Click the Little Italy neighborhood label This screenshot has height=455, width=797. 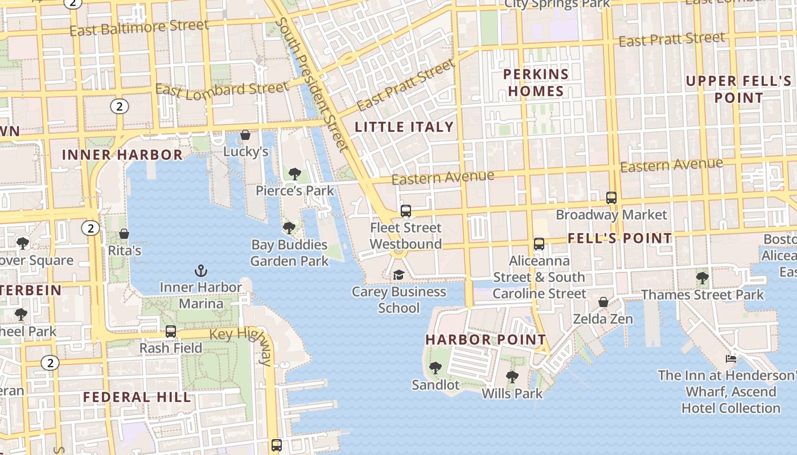pos(404,127)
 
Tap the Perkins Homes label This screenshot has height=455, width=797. pos(536,82)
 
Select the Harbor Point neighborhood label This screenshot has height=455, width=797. pos(486,340)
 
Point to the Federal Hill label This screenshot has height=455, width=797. pos(137,397)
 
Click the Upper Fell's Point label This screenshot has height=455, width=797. pos(738,89)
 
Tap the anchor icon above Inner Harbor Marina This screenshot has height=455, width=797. pos(200,271)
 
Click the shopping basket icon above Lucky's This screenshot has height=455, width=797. pos(245,135)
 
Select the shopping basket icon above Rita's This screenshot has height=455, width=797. pos(124,234)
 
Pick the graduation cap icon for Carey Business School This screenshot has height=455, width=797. pos(398,275)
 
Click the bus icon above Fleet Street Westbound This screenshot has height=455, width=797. pos(406,211)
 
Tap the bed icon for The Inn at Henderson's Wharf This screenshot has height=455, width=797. pos(731,358)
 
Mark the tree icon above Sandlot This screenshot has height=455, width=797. pos(436,368)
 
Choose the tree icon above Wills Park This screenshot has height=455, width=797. pos(512,377)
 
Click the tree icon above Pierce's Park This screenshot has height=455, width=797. pos(294,173)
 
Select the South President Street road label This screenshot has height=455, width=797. pos(312,84)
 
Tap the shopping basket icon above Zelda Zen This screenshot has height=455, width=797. pos(603,302)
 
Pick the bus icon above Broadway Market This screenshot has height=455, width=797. pos(611,198)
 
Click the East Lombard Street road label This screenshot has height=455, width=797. pos(222,89)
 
